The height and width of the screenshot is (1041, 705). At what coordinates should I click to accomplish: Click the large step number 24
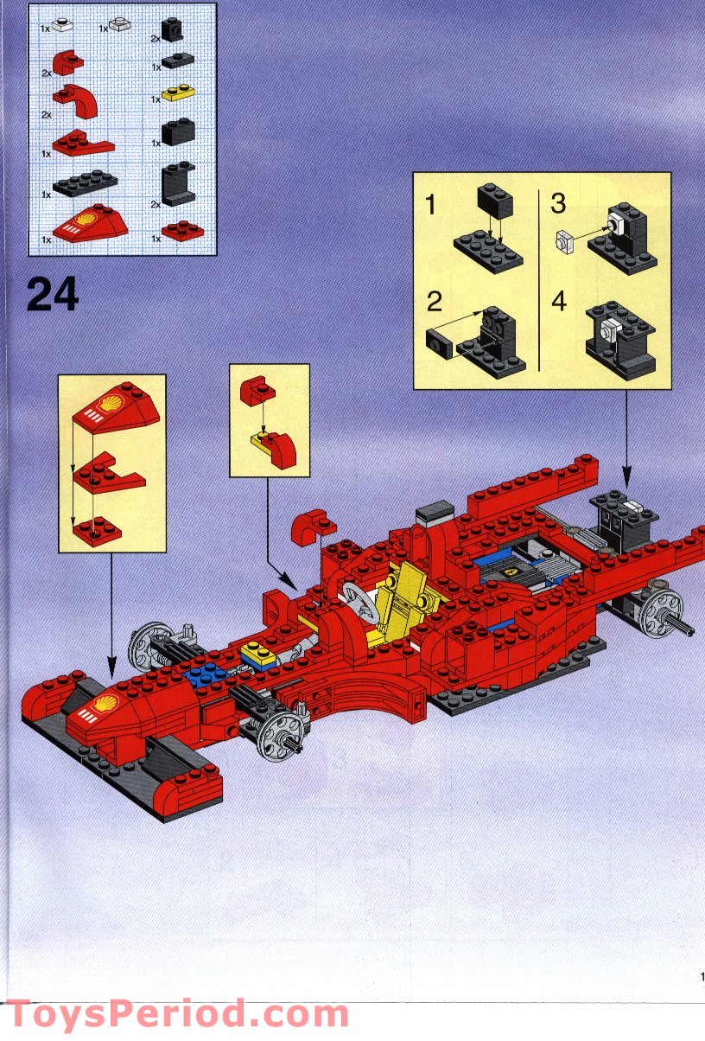point(53,295)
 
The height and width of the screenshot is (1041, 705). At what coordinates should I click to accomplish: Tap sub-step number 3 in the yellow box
point(558,204)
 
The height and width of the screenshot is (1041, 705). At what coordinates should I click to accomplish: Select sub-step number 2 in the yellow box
point(435,302)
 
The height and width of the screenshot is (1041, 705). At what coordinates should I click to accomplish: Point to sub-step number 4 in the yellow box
point(559,302)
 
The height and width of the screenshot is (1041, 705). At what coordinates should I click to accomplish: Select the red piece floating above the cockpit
point(313,527)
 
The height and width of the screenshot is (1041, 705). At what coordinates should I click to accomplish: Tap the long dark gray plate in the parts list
point(85,182)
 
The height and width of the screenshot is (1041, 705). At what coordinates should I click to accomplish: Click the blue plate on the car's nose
point(202,674)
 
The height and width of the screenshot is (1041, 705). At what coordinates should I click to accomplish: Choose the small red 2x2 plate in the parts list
point(184,231)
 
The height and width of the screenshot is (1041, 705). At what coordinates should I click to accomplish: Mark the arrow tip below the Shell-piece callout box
point(112,673)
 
